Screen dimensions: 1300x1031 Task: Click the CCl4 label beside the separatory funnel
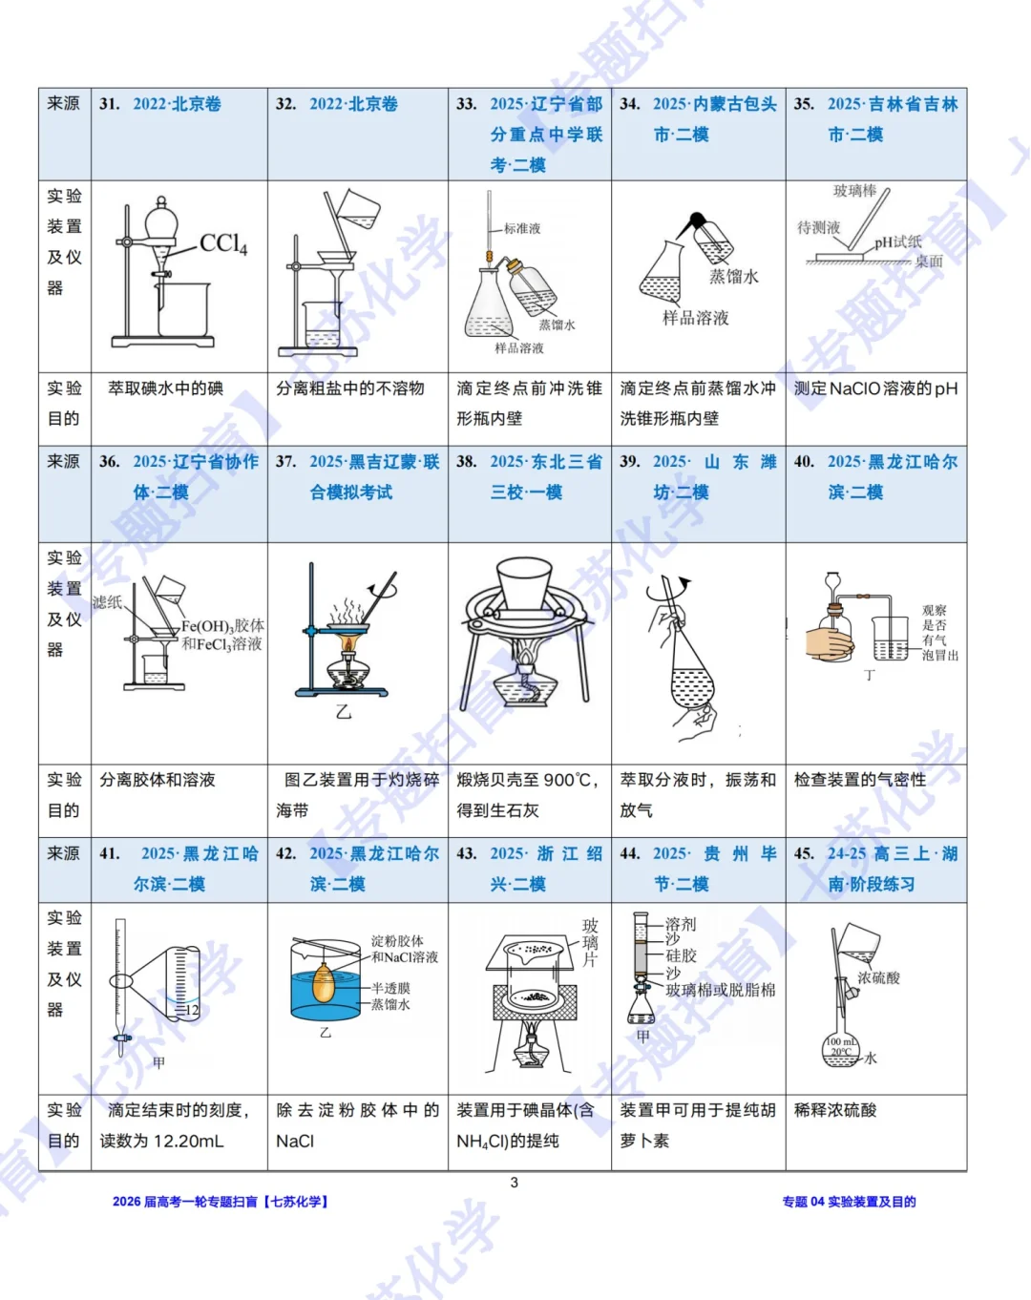[223, 244]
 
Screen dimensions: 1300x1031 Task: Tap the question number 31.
[109, 104]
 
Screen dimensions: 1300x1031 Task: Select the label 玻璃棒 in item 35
[854, 191]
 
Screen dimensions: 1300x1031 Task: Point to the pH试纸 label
[898, 242]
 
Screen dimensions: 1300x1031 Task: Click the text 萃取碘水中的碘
[165, 388]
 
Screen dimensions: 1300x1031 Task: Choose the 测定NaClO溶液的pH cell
[875, 388]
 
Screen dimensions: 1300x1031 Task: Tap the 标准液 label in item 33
[522, 228]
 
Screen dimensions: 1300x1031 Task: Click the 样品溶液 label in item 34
[696, 318]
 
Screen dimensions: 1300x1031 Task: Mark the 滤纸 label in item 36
[107, 602]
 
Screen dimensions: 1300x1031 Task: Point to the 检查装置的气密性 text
[859, 780]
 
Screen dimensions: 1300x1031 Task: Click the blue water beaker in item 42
[325, 993]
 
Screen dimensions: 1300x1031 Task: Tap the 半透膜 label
[390, 989]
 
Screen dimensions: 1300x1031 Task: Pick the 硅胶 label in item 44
[681, 955]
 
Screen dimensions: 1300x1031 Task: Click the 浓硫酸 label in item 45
[878, 978]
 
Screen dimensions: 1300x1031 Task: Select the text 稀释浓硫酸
[835, 1110]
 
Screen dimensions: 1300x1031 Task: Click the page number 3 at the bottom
[515, 1183]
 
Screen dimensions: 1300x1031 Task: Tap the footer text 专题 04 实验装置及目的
[849, 1202]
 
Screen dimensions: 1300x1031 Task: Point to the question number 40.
[804, 462]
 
